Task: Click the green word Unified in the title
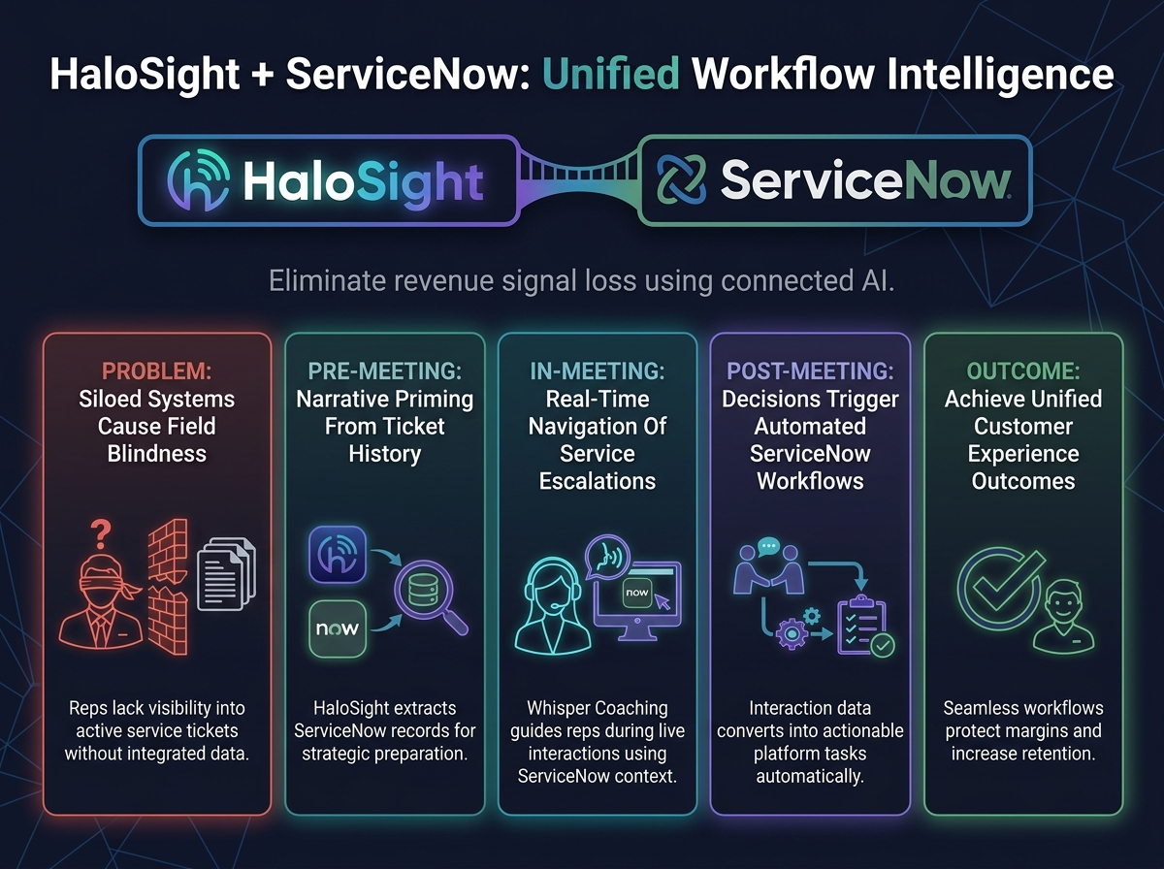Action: pos(611,75)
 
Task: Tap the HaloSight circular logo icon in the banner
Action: pos(198,180)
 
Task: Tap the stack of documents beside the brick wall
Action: pos(226,574)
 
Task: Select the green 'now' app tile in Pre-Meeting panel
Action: pos(338,628)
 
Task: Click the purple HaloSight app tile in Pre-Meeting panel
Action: pos(338,555)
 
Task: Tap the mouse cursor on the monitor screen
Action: pos(663,601)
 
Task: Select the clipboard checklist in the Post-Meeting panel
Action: pos(862,626)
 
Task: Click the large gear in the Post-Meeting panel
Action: pos(792,633)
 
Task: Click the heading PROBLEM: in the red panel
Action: pos(157,371)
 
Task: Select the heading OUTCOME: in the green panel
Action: pos(1023,371)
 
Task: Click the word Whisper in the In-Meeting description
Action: pos(556,708)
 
